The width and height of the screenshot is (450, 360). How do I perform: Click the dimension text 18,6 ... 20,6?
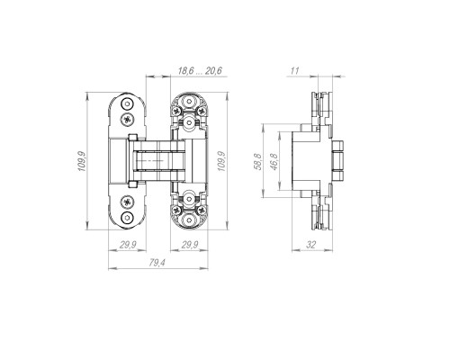(200, 71)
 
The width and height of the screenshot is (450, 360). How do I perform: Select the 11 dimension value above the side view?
(294, 71)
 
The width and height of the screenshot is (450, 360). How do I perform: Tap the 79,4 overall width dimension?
(157, 263)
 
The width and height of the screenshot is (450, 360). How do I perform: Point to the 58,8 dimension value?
(257, 161)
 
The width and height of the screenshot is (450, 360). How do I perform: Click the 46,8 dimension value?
(274, 161)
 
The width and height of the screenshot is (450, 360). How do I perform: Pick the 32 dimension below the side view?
(311, 245)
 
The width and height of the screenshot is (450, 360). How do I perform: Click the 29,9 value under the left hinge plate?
(128, 245)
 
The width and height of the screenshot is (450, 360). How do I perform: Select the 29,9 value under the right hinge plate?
(190, 245)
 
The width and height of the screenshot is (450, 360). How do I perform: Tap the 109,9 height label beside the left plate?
(82, 161)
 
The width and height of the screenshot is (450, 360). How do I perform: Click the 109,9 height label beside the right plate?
(221, 161)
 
